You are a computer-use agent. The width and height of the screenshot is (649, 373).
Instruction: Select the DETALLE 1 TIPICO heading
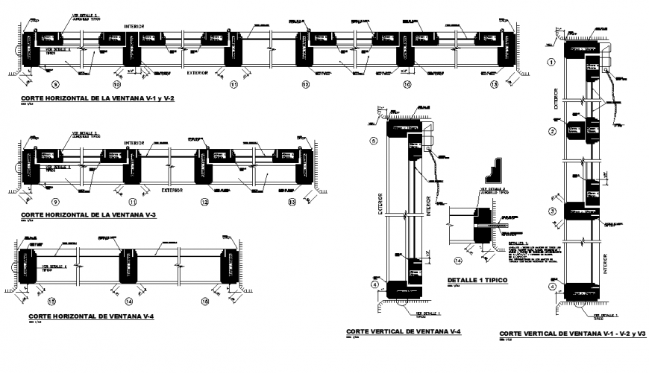click(477, 281)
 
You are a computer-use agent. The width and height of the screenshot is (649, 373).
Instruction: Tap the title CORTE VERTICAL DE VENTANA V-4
click(404, 331)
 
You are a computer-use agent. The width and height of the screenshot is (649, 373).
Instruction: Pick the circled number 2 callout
click(551, 132)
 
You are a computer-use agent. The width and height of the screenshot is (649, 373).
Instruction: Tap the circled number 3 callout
click(551, 212)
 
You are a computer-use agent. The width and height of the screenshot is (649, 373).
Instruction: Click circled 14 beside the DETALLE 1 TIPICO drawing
click(459, 261)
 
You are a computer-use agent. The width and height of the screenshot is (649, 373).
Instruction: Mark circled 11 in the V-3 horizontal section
click(133, 202)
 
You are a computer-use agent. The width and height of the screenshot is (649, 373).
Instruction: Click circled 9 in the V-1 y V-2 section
click(54, 86)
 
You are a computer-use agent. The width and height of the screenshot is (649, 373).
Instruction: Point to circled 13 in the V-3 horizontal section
click(292, 202)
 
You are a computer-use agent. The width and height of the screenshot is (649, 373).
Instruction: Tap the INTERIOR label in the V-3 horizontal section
click(135, 142)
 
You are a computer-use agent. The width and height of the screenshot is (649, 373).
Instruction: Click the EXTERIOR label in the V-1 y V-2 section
click(198, 74)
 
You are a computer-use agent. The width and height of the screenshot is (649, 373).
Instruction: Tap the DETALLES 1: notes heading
click(517, 243)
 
